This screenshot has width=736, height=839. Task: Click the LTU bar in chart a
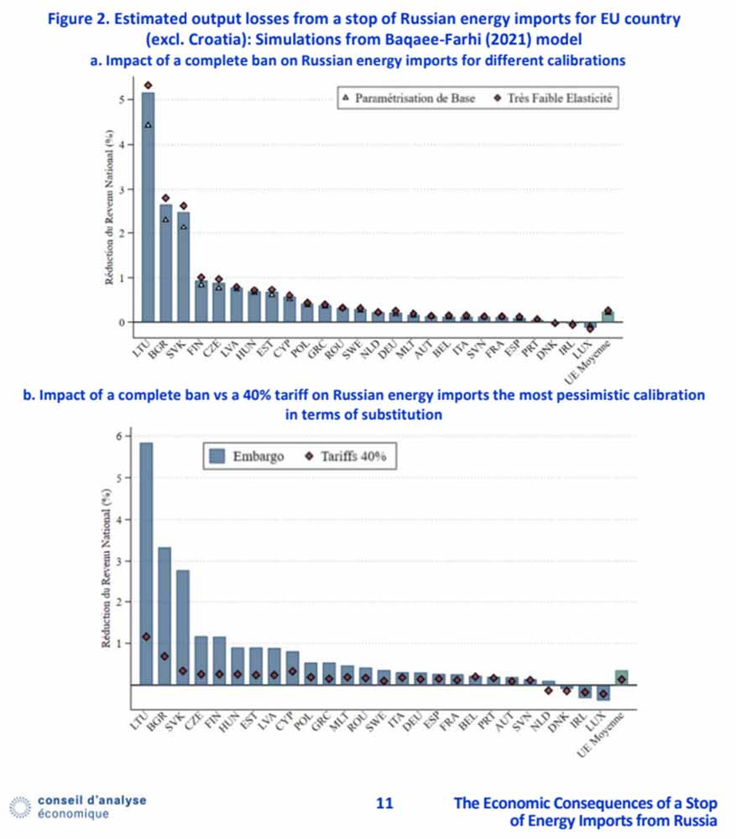click(x=148, y=207)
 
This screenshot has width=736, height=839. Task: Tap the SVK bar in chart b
click(x=182, y=627)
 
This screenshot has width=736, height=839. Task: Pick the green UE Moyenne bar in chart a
click(x=608, y=316)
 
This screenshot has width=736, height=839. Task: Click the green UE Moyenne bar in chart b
click(x=622, y=677)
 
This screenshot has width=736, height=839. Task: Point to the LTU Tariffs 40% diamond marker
click(x=146, y=637)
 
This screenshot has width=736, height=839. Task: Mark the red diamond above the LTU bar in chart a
click(x=149, y=85)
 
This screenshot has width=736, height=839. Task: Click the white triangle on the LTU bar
click(x=149, y=125)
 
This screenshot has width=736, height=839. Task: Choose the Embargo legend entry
click(x=246, y=456)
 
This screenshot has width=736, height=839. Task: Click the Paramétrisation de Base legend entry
click(x=409, y=98)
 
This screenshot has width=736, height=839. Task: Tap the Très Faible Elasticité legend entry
click(x=553, y=98)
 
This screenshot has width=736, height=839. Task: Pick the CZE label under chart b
click(x=194, y=720)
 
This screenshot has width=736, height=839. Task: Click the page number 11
click(x=384, y=803)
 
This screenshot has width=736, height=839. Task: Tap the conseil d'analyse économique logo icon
click(x=20, y=807)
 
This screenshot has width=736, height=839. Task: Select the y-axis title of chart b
click(x=107, y=568)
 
